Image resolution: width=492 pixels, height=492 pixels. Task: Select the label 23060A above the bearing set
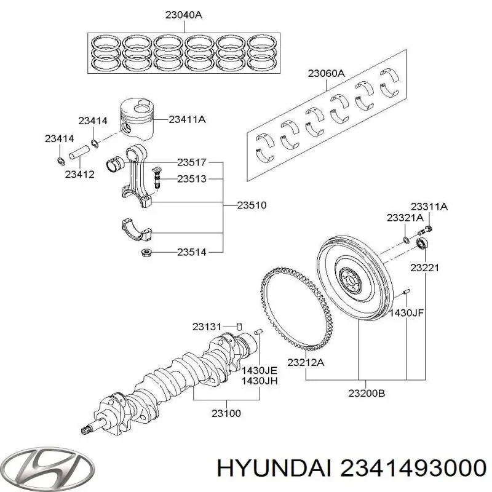(x=326, y=74)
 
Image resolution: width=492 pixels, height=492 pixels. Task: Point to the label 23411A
(x=187, y=120)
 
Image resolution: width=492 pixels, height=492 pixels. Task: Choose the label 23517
(x=192, y=162)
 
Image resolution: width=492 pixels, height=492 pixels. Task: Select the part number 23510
(x=252, y=205)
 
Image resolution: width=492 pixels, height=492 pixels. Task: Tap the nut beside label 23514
(x=146, y=252)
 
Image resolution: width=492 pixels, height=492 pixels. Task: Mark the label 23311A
(x=429, y=207)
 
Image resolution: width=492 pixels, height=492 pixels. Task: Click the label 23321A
(x=405, y=218)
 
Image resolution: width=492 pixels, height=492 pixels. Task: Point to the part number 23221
(x=424, y=268)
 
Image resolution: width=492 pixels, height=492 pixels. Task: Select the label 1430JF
(x=409, y=313)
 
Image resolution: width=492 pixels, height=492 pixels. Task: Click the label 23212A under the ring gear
(x=306, y=363)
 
